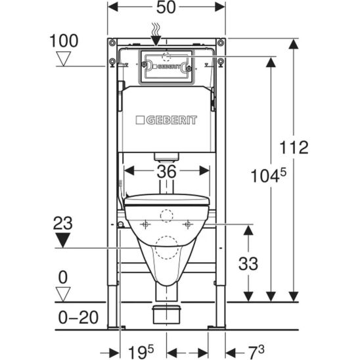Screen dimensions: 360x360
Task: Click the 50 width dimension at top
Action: [x=166, y=7]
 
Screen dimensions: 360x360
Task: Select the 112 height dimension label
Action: [x=294, y=147]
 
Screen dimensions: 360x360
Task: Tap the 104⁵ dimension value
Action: [x=269, y=175]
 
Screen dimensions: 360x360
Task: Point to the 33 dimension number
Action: [x=248, y=263]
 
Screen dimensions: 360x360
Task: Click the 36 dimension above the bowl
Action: [x=167, y=171]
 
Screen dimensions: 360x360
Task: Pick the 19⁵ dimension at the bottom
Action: [x=141, y=352]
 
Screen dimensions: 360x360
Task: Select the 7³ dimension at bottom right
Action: [x=256, y=352]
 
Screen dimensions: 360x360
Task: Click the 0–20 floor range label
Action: [x=78, y=317]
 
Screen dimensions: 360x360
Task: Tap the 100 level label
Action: [x=64, y=41]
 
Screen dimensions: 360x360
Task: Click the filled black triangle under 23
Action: [x=62, y=240]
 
